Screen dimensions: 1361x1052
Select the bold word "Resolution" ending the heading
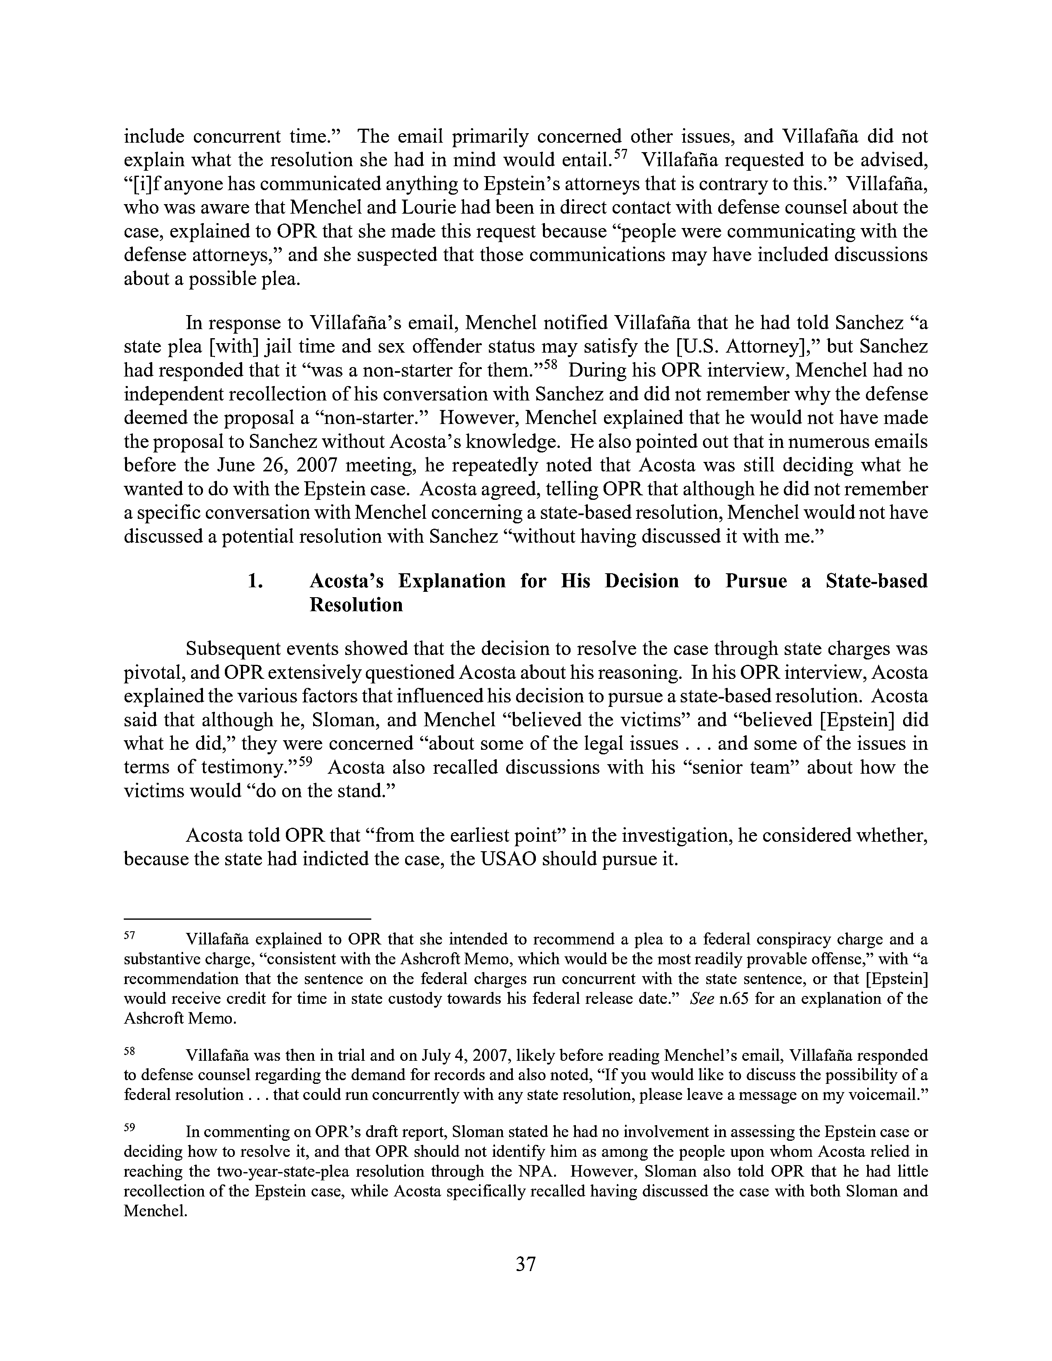(356, 605)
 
